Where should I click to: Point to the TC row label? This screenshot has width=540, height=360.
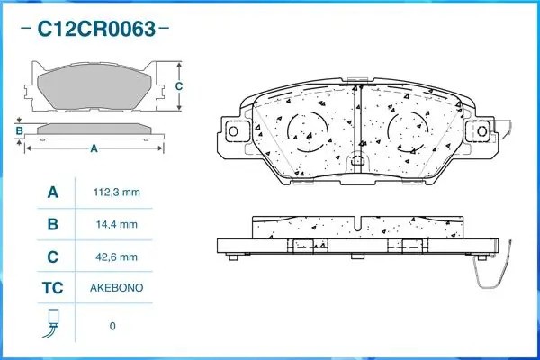[52, 288]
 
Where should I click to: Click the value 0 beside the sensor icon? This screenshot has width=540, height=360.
[112, 325]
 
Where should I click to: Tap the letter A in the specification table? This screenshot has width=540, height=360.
[52, 193]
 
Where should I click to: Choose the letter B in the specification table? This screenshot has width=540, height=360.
[52, 224]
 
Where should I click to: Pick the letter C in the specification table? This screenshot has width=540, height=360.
[52, 256]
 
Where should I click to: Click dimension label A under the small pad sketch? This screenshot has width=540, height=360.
[93, 148]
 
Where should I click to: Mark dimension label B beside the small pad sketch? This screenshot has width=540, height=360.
[18, 131]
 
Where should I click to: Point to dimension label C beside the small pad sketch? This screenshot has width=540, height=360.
[178, 86]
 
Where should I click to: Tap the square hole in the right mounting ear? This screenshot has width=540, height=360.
[483, 130]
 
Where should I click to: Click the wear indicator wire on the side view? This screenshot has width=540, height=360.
[504, 270]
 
